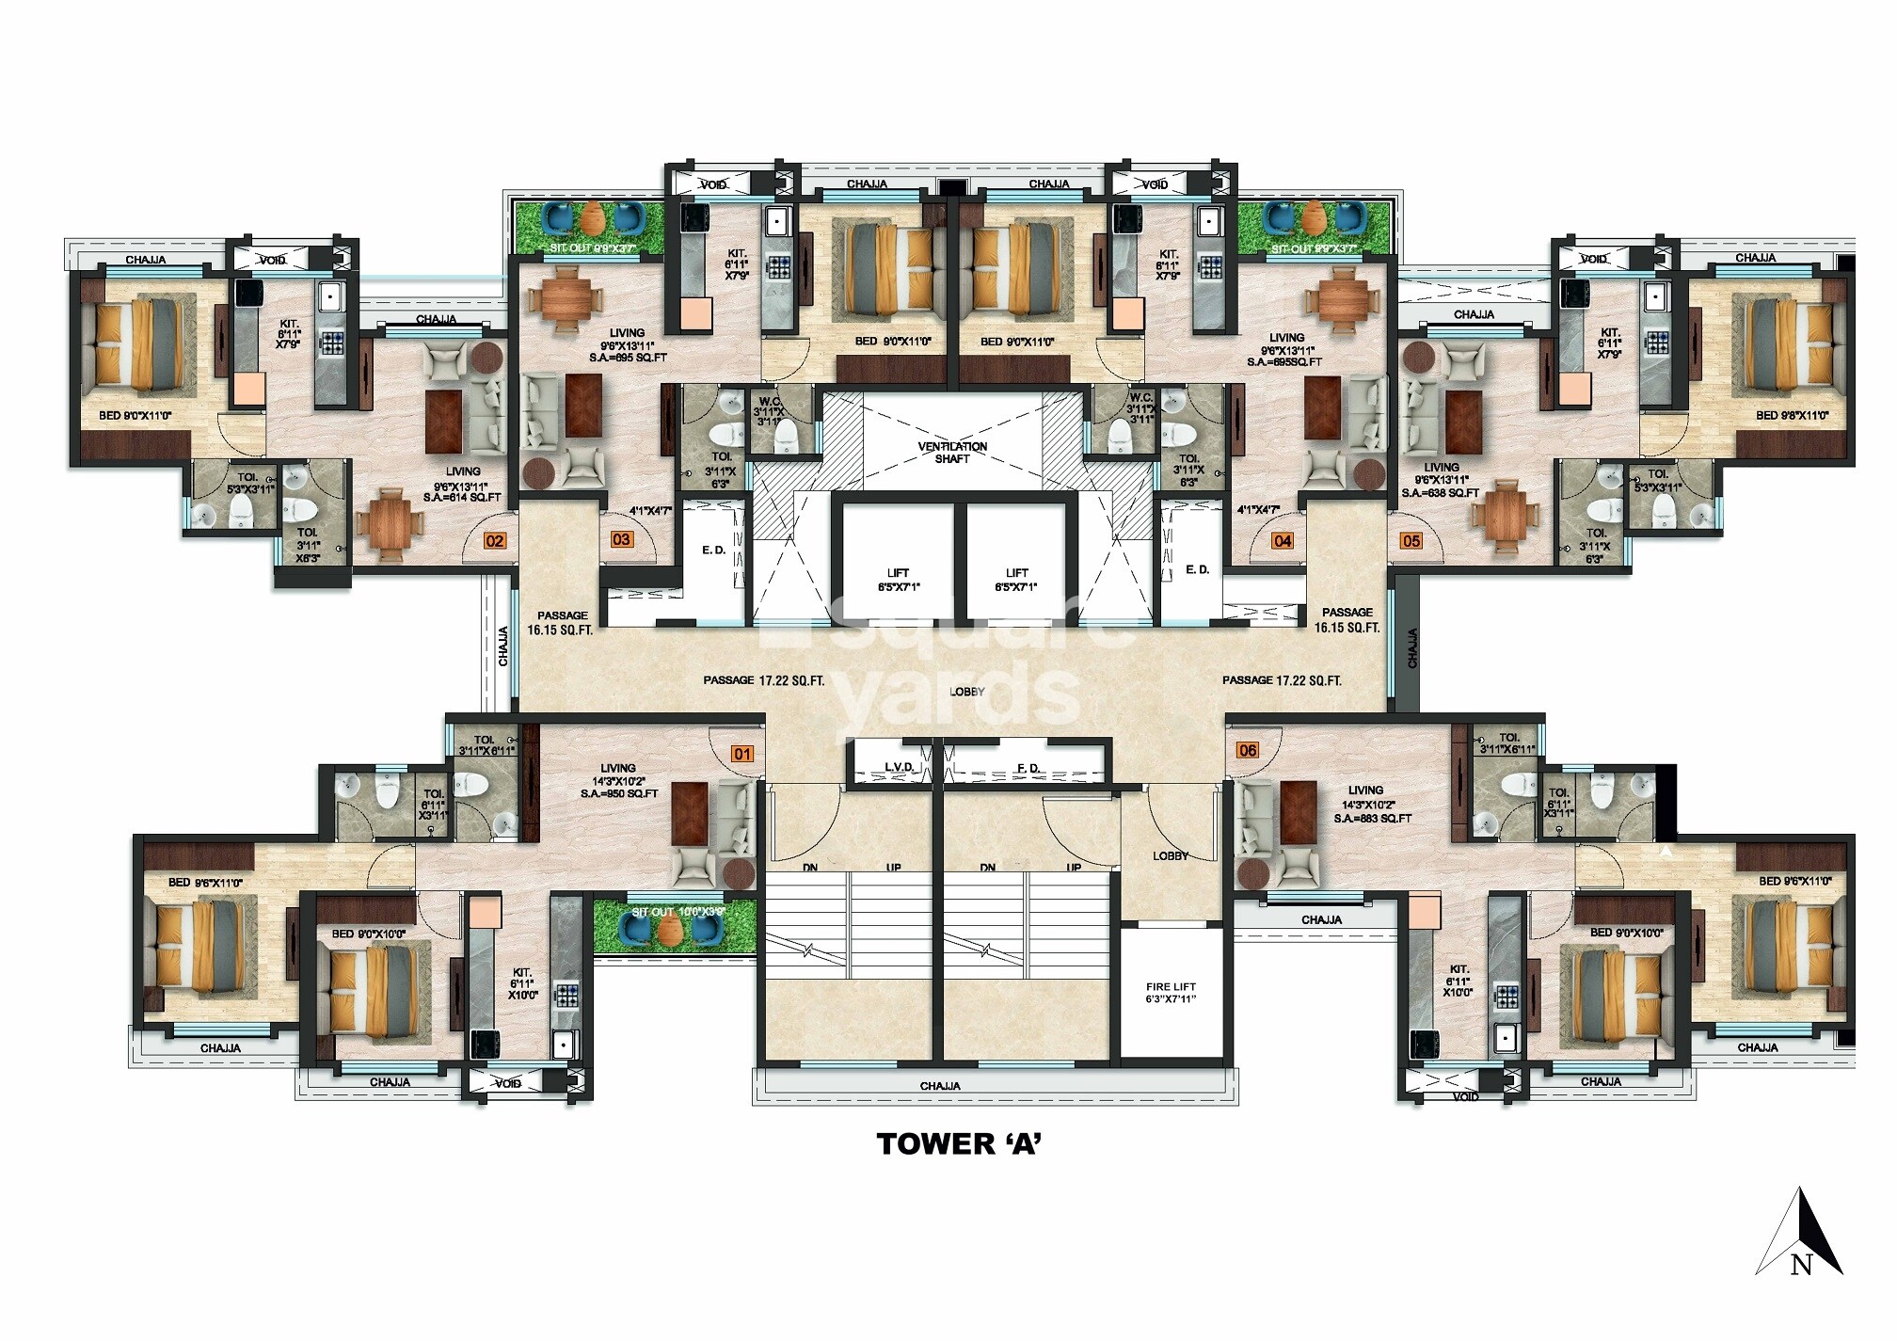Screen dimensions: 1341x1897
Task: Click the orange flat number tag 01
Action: point(743,754)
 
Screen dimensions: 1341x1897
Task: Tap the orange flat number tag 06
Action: point(1248,750)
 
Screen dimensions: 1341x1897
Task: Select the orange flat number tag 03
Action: point(621,539)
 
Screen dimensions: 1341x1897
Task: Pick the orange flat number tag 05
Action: point(1411,540)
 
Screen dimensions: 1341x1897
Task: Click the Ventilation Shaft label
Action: point(952,453)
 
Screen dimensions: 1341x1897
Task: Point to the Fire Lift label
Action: point(1171,993)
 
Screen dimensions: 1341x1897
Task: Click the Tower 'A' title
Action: point(959,1143)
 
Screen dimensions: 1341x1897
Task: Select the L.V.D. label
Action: point(899,768)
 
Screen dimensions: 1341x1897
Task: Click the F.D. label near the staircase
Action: point(1028,768)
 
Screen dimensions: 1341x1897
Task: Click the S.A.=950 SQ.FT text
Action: point(619,793)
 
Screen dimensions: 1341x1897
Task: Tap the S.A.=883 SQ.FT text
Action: point(1372,819)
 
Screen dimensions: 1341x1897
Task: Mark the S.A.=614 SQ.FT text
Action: point(462,497)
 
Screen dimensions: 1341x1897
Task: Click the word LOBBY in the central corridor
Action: point(967,692)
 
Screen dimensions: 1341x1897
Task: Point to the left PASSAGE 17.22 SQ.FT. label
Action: point(763,679)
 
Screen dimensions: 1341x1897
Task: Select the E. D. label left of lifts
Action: point(714,550)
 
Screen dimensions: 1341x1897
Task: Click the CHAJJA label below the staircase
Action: point(940,1086)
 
